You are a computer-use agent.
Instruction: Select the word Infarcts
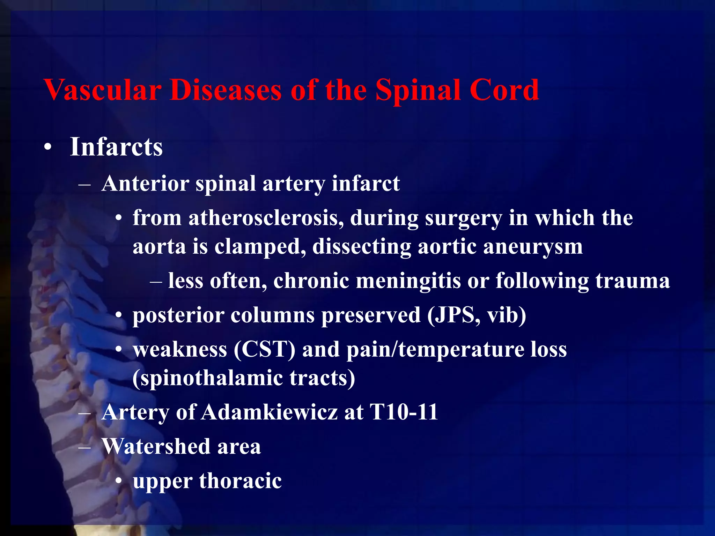point(116,147)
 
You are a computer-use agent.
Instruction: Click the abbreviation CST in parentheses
point(265,349)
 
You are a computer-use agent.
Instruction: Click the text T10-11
point(404,412)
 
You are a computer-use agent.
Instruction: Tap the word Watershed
point(156,446)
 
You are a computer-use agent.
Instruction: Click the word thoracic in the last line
point(240,481)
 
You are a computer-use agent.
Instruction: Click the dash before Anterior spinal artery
point(85,184)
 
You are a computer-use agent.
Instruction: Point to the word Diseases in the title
point(226,90)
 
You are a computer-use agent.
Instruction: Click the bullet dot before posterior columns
point(119,316)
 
